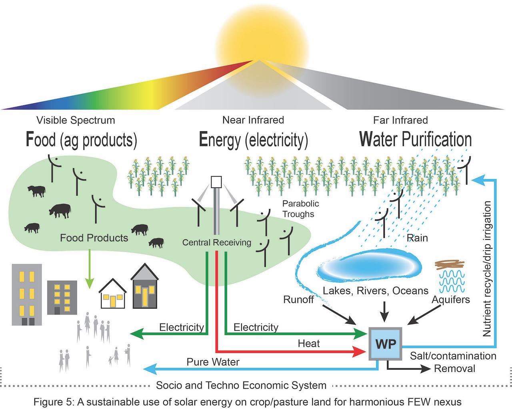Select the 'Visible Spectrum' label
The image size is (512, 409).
tap(76, 120)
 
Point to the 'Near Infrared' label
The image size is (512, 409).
tap(253, 120)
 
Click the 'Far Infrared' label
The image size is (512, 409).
tap(400, 120)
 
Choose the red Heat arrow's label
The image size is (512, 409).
tap(309, 343)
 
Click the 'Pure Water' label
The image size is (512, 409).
tap(213, 362)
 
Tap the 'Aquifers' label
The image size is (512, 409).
tap(450, 299)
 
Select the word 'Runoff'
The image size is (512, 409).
tap(298, 299)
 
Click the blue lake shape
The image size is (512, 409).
tap(369, 266)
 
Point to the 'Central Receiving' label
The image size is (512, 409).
tap(216, 242)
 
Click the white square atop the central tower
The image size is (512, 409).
tap(216, 182)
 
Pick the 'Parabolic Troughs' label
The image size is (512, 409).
tap(300, 208)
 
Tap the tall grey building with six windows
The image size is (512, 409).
tap(27, 294)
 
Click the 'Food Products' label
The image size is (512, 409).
tap(94, 238)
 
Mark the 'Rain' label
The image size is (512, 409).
tap(417, 238)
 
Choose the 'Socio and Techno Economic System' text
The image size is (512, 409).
tap(241, 385)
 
